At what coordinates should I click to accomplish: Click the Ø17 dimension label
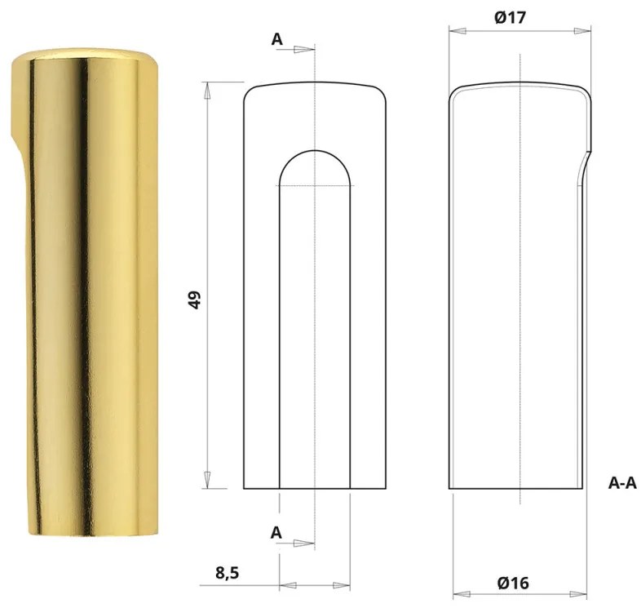tap(520, 17)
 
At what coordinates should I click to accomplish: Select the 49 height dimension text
tap(195, 299)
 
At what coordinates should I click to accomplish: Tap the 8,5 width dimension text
tap(229, 574)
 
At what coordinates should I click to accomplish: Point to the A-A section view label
tap(622, 483)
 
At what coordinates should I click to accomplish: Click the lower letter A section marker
tap(276, 532)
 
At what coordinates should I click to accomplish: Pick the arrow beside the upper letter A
tap(303, 49)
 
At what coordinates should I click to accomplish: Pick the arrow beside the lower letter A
tap(303, 543)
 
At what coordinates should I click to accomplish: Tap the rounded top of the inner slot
tap(315, 152)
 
